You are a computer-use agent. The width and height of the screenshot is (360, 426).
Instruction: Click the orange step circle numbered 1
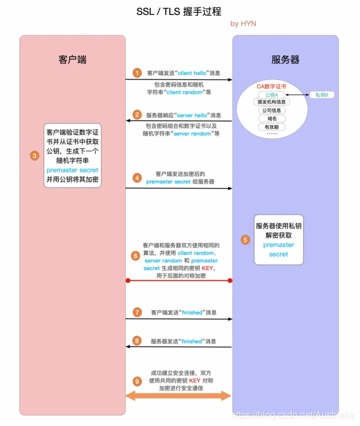137,73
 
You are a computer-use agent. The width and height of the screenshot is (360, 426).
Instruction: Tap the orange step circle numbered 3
34,155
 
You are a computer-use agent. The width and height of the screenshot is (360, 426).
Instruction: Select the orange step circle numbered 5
245,239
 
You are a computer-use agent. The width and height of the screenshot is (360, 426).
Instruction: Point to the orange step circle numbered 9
137,381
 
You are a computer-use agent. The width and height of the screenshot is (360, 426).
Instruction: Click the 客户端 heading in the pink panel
73,60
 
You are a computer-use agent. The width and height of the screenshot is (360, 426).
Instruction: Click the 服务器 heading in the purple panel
285,60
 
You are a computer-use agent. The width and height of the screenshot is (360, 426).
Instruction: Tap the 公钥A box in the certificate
271,95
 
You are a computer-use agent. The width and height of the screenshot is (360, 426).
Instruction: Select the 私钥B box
322,95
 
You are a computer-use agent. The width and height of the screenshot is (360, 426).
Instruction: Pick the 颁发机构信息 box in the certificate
271,102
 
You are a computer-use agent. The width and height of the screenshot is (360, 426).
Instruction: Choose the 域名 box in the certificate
271,118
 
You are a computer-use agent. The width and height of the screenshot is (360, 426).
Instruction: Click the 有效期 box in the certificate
271,126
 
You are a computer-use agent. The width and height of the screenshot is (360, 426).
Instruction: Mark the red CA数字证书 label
271,87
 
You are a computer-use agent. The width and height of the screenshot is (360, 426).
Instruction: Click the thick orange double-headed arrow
179,396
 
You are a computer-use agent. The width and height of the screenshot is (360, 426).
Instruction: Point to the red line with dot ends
179,281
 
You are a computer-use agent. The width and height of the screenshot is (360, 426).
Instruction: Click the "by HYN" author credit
243,24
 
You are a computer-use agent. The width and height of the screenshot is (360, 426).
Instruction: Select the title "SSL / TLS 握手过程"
179,11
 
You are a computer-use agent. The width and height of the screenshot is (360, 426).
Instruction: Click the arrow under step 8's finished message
179,347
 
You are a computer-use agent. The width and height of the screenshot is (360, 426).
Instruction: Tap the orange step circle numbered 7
137,313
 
